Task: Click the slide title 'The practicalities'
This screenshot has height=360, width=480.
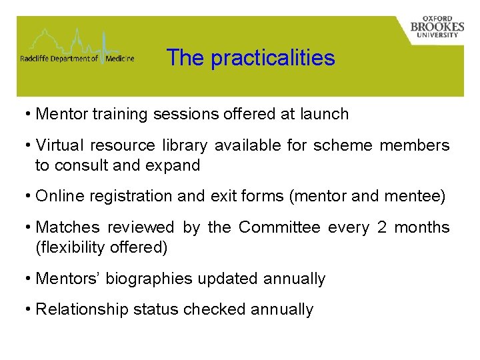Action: click(251, 58)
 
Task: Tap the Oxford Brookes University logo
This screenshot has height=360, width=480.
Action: click(437, 27)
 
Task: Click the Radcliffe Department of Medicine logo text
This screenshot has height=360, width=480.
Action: click(77, 59)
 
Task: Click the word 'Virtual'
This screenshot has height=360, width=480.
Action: click(58, 145)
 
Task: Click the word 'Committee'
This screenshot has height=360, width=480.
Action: click(279, 227)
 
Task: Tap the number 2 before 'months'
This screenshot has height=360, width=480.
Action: click(382, 227)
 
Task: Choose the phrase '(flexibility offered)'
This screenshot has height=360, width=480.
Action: click(101, 247)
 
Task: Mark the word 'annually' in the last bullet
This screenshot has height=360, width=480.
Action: click(282, 309)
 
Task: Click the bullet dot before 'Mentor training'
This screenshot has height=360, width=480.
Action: click(28, 114)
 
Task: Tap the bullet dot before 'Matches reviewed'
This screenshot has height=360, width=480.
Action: click(28, 227)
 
